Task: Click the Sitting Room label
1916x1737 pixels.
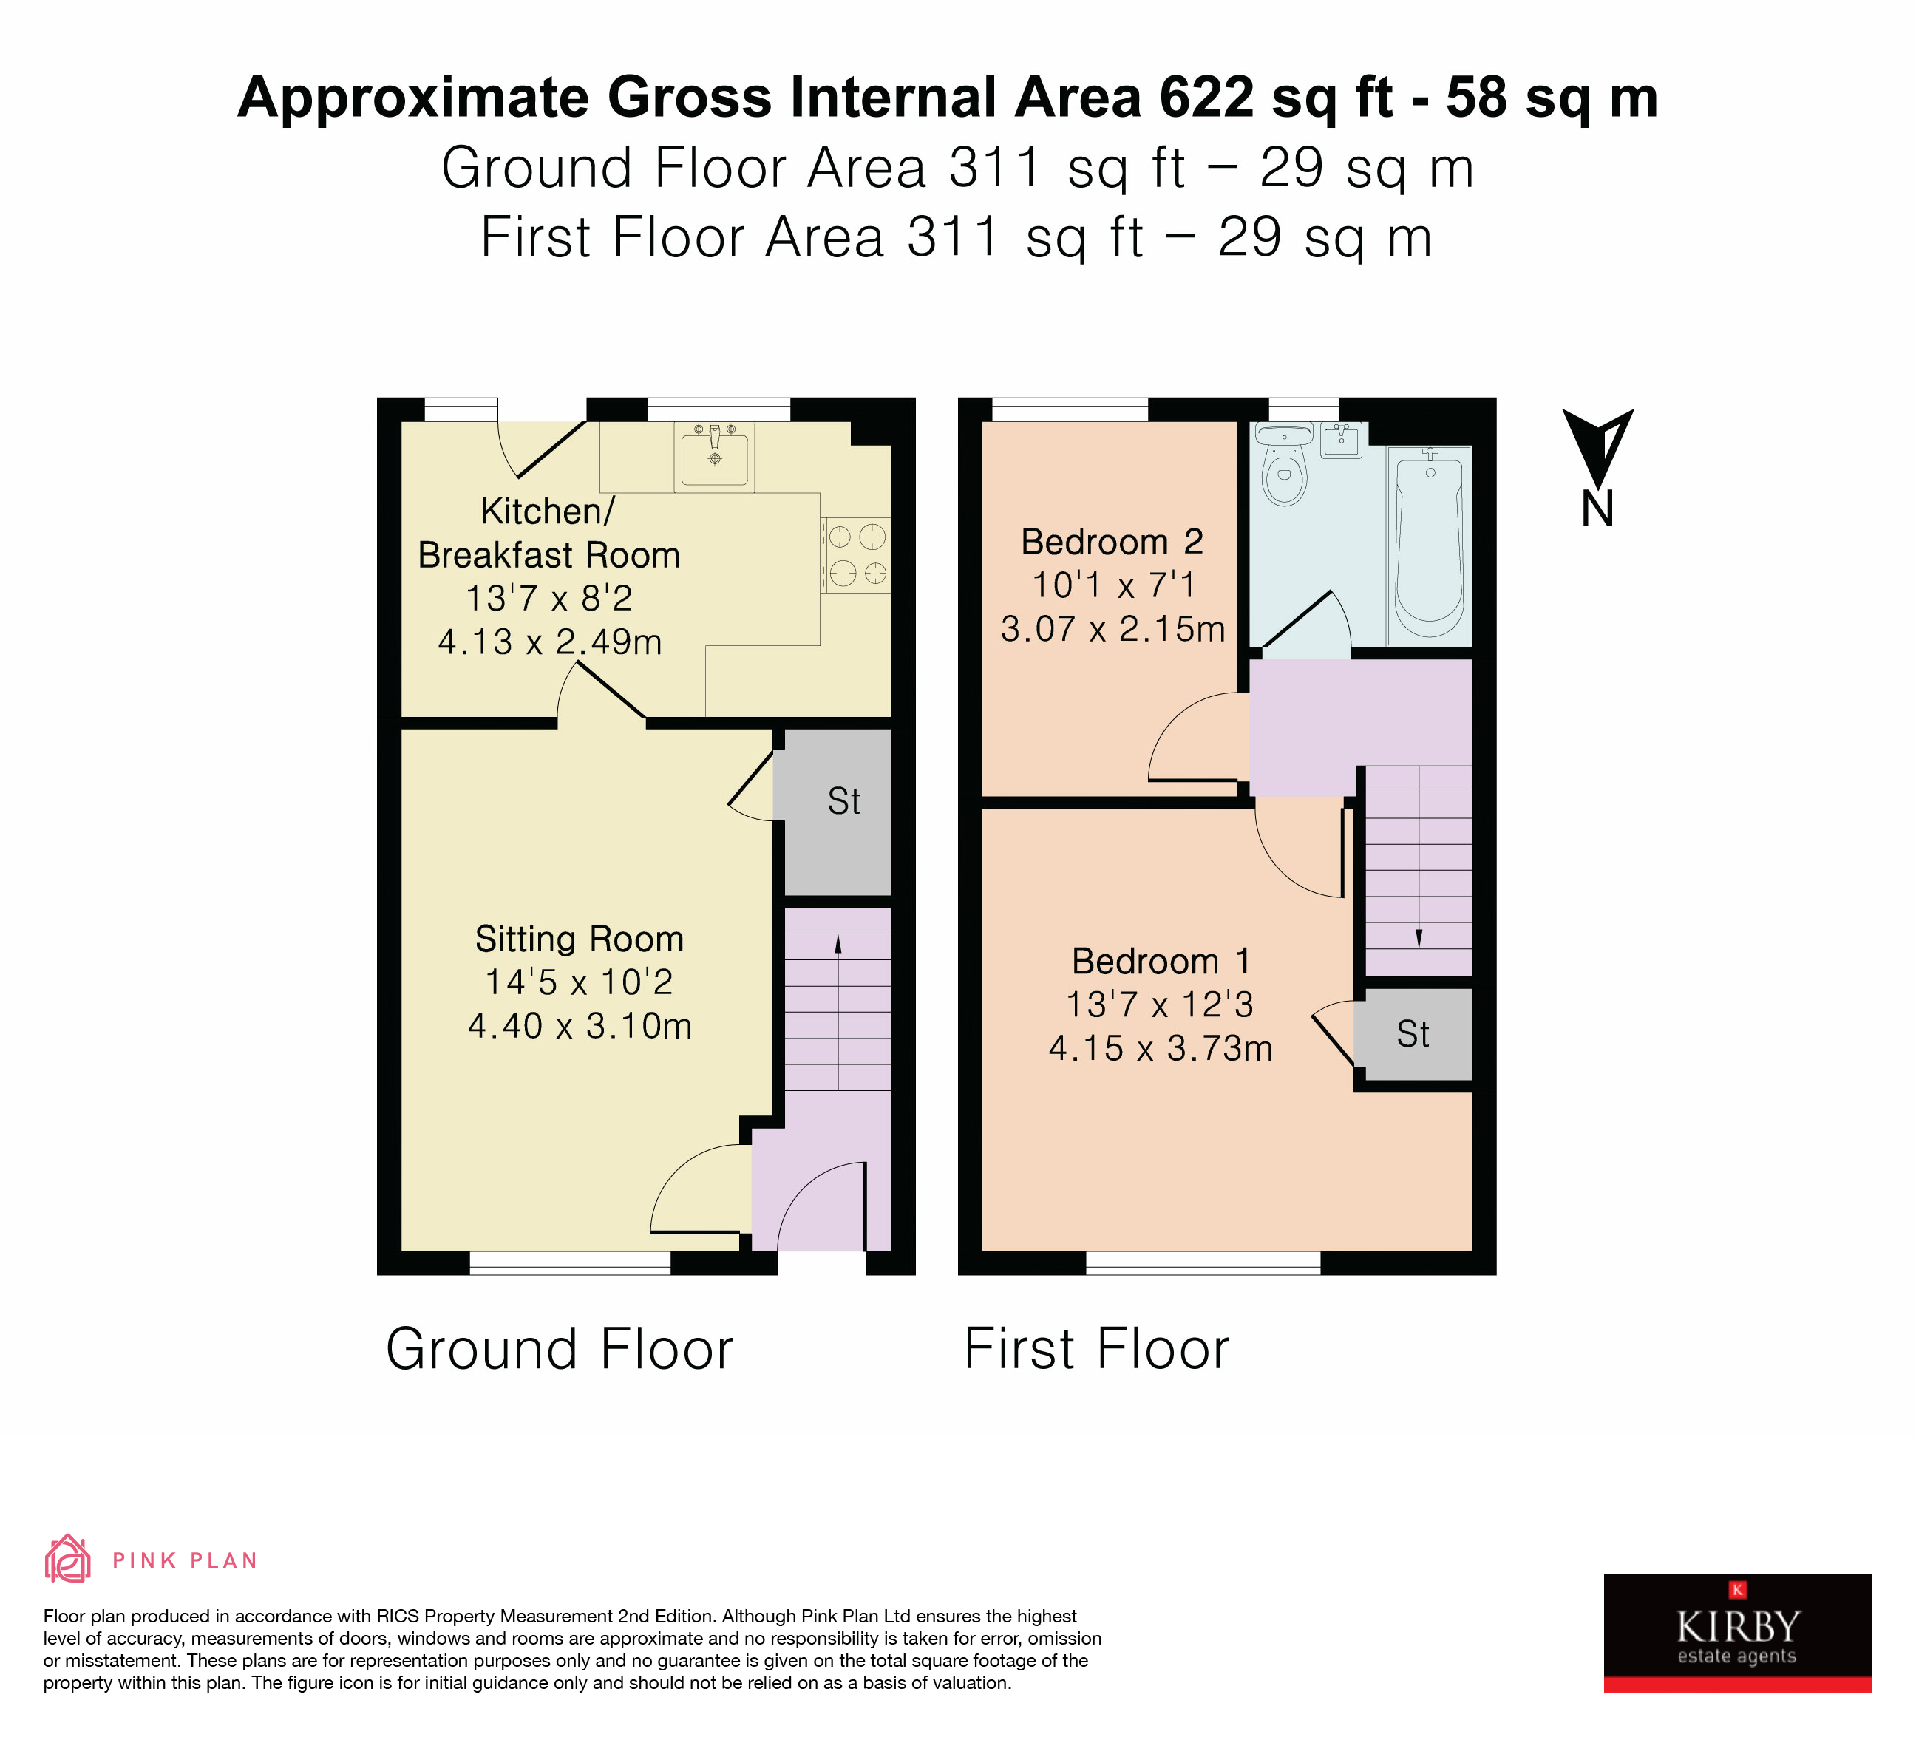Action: (x=579, y=939)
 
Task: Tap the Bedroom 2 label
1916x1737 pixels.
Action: (x=1111, y=542)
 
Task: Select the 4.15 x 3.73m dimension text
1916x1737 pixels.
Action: (x=1160, y=1048)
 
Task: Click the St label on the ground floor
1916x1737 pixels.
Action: (x=843, y=801)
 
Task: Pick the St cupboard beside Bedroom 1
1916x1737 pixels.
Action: (x=1413, y=1034)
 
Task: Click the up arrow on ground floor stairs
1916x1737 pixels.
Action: (x=838, y=945)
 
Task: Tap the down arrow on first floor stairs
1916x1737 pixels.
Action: (x=1419, y=938)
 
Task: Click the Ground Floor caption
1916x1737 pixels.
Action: (x=559, y=1349)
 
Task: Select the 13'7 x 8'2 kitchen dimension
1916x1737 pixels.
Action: (x=548, y=599)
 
